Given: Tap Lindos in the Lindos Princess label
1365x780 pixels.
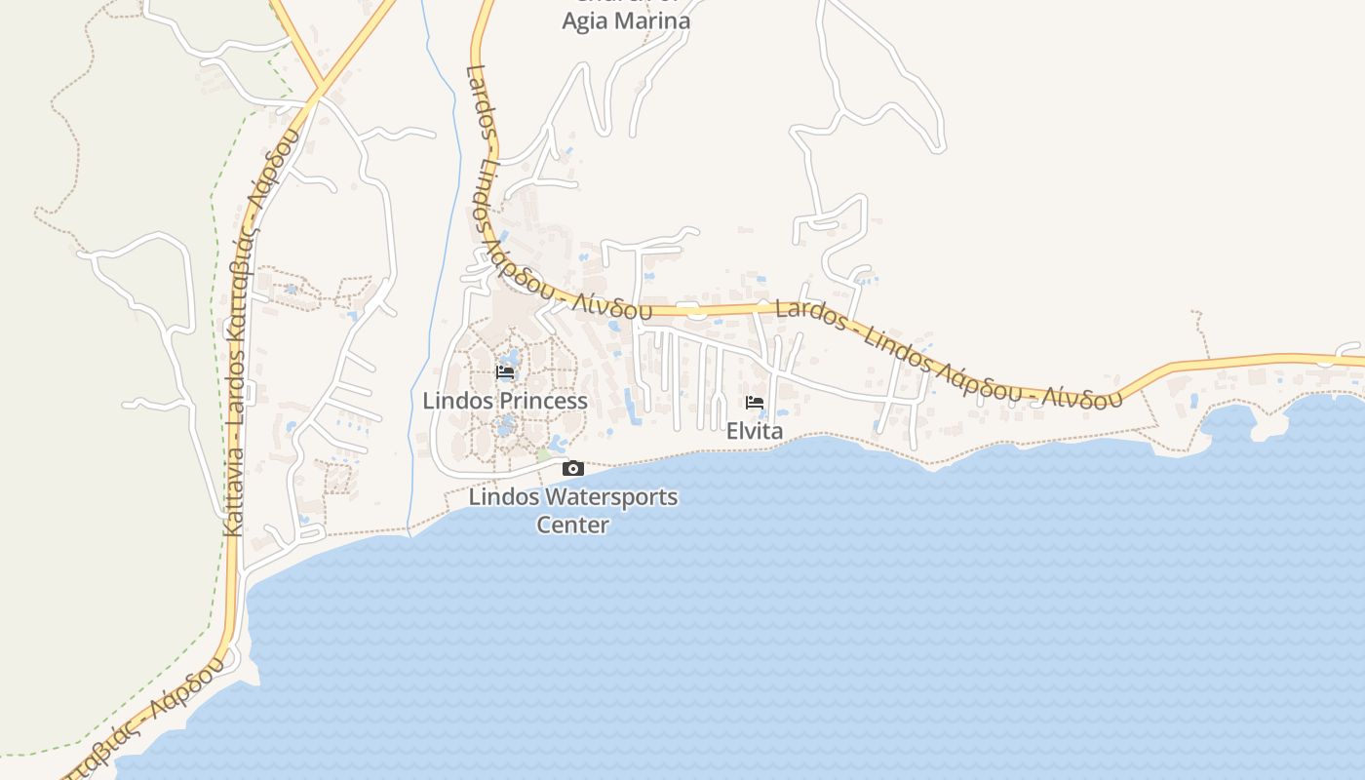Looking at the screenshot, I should click(x=458, y=401).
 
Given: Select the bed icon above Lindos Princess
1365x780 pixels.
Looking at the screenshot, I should click(x=505, y=371).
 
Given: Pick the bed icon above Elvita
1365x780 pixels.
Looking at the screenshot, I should click(x=755, y=403).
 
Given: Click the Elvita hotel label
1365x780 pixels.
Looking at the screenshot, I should click(x=755, y=430).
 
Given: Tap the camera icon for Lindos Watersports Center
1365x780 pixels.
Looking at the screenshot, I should click(x=573, y=469).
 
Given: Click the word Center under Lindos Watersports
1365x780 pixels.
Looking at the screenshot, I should click(x=573, y=525).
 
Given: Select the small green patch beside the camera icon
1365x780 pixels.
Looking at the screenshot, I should click(x=543, y=455).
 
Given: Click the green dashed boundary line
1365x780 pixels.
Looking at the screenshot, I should click(x=212, y=292).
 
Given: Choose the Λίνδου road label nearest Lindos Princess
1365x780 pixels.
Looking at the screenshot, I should click(x=612, y=307).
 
